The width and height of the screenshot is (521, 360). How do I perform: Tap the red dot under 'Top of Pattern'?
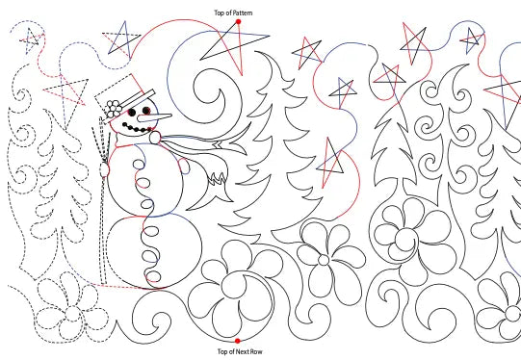pyautogui.click(x=237, y=21)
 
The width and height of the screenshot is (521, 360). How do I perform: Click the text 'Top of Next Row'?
pyautogui.click(x=236, y=352)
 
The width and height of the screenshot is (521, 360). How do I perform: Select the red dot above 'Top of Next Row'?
pyautogui.click(x=237, y=340)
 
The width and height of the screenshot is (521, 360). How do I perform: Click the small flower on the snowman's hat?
pyautogui.click(x=115, y=106)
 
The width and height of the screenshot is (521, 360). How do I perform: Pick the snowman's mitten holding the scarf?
pyautogui.click(x=153, y=139)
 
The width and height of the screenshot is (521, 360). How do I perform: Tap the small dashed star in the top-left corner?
pyautogui.click(x=31, y=39)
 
